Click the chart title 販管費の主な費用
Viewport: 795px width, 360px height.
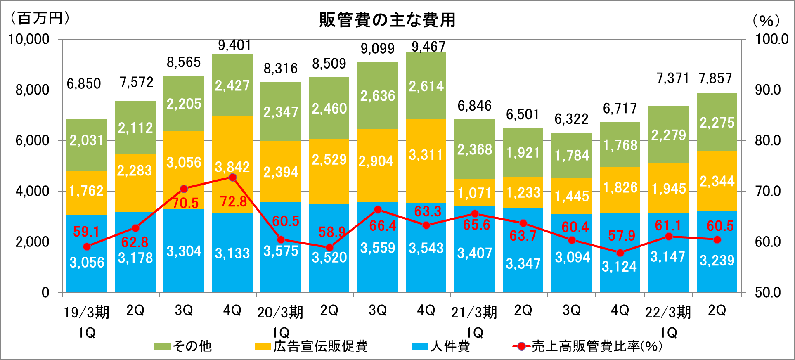387,20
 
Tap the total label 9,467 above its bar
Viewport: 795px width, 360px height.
428,47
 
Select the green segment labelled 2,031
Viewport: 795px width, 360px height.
87,144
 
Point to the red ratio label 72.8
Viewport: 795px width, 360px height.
234,201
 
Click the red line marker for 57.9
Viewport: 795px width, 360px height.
620,253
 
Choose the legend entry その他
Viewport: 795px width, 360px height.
184,346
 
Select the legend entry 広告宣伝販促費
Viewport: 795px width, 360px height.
312,346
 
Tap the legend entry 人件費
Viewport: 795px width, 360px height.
441,346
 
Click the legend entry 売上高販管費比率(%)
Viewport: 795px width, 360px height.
588,346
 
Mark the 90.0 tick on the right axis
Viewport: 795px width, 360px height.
768,90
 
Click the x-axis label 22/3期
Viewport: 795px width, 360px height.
668,313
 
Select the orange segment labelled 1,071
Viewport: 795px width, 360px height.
475,193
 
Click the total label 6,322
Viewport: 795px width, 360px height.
571,119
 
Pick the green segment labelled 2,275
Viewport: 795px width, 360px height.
717,123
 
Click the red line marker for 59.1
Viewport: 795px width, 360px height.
87,247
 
